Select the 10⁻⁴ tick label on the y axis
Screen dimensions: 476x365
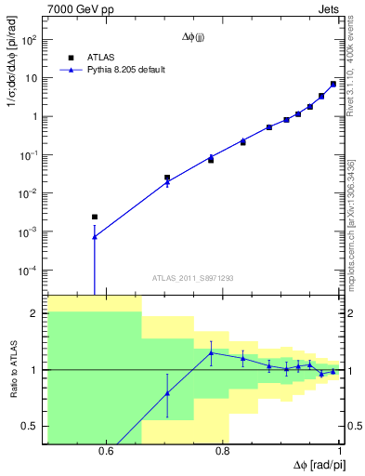point(29,271)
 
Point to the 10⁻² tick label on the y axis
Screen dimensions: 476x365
point(29,193)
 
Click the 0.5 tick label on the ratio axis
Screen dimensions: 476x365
point(32,426)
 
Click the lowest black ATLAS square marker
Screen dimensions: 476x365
point(94,217)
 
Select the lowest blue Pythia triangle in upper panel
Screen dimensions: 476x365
point(94,237)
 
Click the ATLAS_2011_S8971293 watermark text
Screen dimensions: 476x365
point(192,277)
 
